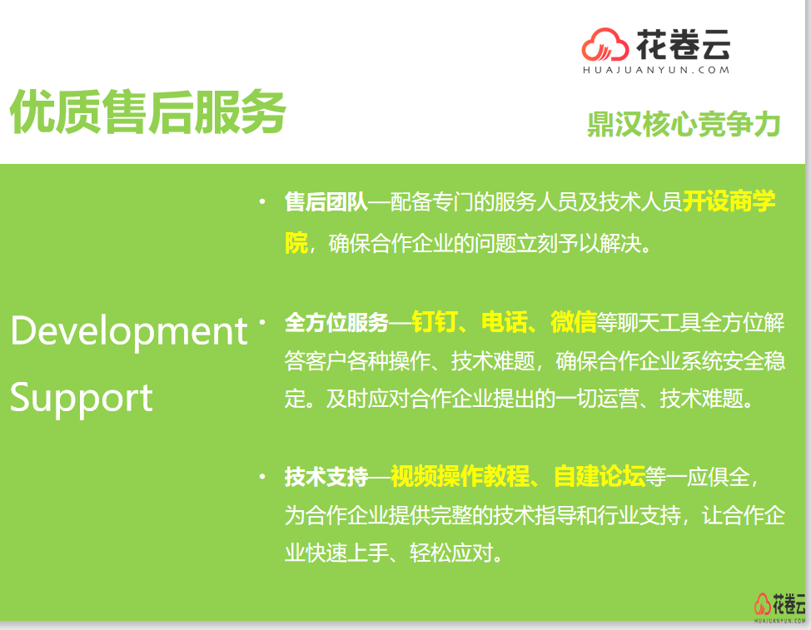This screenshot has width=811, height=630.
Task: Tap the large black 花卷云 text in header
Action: [x=684, y=44]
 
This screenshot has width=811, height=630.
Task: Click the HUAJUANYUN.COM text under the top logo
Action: [x=656, y=70]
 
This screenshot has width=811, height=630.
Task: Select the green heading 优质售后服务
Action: [x=148, y=112]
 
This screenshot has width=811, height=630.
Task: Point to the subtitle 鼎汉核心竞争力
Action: [x=684, y=124]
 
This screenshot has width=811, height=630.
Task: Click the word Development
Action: [x=129, y=331]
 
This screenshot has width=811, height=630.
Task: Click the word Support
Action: [x=82, y=398]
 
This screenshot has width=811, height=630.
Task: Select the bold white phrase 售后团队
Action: [x=326, y=202]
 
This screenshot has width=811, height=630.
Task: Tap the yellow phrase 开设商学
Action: [x=729, y=201]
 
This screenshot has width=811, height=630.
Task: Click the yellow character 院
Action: [x=296, y=243]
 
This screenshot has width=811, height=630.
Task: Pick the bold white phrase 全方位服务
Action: [x=336, y=323]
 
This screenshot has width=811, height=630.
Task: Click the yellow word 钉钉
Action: [x=435, y=322]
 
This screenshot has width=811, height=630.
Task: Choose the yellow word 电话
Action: [x=505, y=322]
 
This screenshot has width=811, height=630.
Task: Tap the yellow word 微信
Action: [x=574, y=322]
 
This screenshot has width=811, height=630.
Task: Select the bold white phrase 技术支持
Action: [x=326, y=477]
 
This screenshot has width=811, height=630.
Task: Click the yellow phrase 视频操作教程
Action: [x=460, y=476]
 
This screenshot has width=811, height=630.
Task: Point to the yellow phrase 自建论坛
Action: [x=600, y=476]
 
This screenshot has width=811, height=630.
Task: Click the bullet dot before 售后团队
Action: [x=263, y=201]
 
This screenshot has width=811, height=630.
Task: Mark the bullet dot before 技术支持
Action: [x=263, y=477]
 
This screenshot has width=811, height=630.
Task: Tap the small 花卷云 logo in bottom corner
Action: [x=779, y=607]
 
